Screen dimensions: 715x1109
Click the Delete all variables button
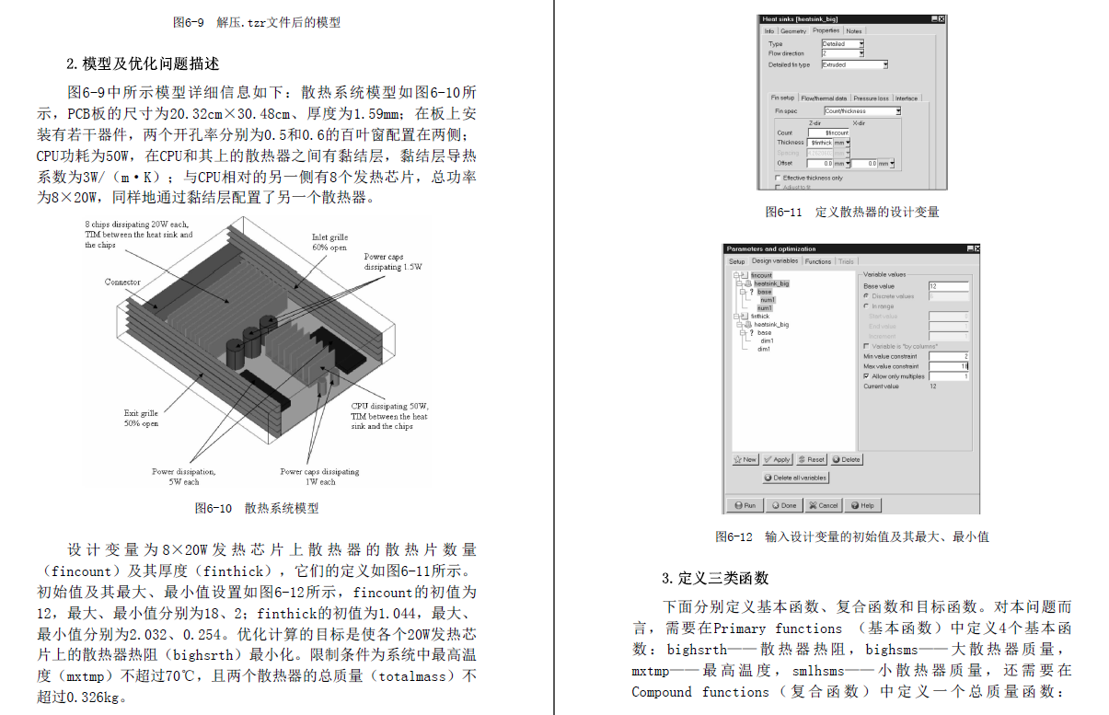coord(796,478)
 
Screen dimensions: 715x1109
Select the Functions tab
coord(817,261)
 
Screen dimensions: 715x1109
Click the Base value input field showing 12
coord(948,286)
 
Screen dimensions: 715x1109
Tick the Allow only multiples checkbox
coord(866,376)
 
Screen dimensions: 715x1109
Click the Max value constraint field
coord(948,366)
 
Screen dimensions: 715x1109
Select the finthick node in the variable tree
coord(759,316)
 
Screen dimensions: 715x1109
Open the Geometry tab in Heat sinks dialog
coord(792,31)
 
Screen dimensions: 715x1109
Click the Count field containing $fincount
coord(828,133)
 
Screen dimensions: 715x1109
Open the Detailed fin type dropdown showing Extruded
coord(854,64)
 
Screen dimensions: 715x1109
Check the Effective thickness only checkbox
coord(778,178)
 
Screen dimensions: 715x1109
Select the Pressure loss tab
coord(871,98)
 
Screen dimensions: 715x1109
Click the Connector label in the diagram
coord(122,283)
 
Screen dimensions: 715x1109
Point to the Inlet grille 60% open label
coord(329,242)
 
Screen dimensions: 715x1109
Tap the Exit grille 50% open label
coord(141,419)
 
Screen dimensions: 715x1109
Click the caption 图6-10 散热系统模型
coord(257,508)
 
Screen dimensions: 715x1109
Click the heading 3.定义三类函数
coord(714,578)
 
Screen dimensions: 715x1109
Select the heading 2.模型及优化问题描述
coord(143,63)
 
